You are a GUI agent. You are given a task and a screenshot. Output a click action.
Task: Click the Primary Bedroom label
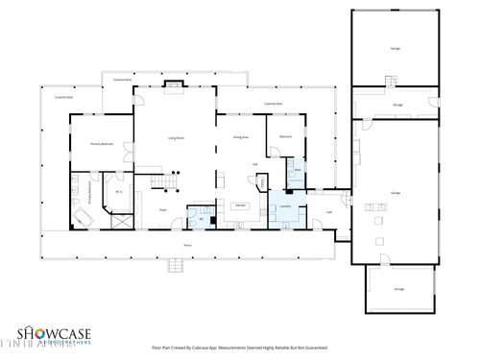[x=102, y=144]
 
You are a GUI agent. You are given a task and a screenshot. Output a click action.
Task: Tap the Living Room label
[x=176, y=139]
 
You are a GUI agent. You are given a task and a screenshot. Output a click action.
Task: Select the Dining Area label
[x=241, y=138]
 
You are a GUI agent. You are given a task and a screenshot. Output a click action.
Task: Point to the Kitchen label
[x=242, y=206]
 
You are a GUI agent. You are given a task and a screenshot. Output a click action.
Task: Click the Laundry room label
[x=285, y=205]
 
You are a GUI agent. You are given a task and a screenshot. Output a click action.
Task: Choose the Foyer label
[x=163, y=208]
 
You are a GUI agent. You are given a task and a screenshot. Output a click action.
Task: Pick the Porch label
[x=187, y=246]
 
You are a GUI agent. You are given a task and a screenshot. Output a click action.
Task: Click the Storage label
[x=396, y=105]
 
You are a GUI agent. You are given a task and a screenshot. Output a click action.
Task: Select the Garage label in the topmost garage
[x=395, y=47]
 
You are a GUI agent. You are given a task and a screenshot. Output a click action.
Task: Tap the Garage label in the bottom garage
[x=398, y=288]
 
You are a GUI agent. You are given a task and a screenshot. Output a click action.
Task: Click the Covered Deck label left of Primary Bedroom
[x=63, y=96]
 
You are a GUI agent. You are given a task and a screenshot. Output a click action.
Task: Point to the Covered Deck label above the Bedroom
[x=272, y=103]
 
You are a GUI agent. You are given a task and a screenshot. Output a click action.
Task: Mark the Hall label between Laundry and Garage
[x=329, y=212]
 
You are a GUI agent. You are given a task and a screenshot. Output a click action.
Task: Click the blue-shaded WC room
[x=202, y=218]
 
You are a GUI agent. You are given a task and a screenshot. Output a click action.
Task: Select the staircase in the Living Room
[x=171, y=180]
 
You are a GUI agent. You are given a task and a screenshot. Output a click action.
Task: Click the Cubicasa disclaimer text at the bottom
[x=239, y=348]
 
